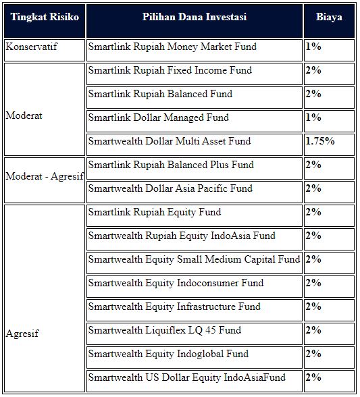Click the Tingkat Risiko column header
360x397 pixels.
(x=45, y=17)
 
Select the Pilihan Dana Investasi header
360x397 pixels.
(x=195, y=17)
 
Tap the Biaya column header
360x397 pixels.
(x=329, y=18)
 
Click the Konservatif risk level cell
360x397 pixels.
(x=32, y=47)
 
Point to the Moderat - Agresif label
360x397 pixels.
(x=45, y=176)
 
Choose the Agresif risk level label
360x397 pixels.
(x=22, y=334)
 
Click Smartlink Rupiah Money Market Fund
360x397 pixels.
(x=172, y=47)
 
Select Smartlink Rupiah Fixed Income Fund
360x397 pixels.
(x=170, y=70)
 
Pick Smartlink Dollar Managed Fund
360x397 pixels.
(x=159, y=117)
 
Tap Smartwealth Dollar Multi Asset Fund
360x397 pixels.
(x=170, y=141)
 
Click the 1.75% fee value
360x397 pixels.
(x=320, y=141)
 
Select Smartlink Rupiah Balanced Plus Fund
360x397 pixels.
(x=171, y=165)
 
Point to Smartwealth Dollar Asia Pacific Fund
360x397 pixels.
(x=170, y=188)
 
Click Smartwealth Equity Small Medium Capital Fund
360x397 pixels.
(x=194, y=259)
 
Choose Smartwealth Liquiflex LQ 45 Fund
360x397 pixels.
(x=165, y=330)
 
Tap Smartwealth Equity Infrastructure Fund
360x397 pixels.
(x=174, y=307)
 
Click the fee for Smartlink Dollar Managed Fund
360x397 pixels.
(x=313, y=117)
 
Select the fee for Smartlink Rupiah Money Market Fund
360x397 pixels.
(x=313, y=47)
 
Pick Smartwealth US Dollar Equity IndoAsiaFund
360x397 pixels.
(x=187, y=377)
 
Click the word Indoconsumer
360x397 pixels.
(x=220, y=283)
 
